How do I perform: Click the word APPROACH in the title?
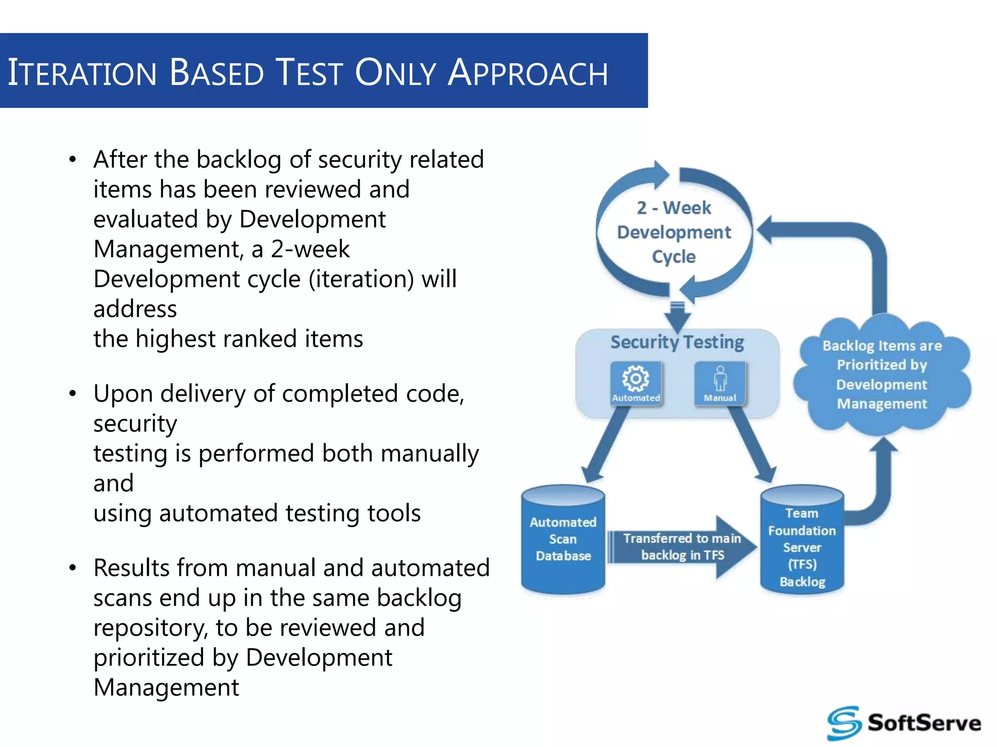pyautogui.click(x=528, y=73)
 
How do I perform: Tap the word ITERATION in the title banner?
pyautogui.click(x=82, y=73)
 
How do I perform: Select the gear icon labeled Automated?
pyautogui.click(x=636, y=379)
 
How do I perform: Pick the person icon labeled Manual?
pyautogui.click(x=720, y=379)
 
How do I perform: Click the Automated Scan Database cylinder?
pyautogui.click(x=563, y=540)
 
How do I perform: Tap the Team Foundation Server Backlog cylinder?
pyautogui.click(x=802, y=540)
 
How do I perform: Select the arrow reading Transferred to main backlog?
pyautogui.click(x=682, y=547)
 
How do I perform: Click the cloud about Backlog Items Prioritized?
pyautogui.click(x=882, y=374)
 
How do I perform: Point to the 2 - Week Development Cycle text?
pyautogui.click(x=674, y=232)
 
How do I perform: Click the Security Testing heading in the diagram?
pyautogui.click(x=677, y=342)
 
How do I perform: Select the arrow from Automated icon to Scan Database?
pyautogui.click(x=604, y=443)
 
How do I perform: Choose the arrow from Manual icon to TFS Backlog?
pyautogui.click(x=752, y=443)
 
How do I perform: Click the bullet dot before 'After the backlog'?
pyautogui.click(x=73, y=160)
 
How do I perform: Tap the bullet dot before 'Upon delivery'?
pyautogui.click(x=73, y=393)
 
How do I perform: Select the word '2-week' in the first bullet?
pyautogui.click(x=310, y=249)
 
